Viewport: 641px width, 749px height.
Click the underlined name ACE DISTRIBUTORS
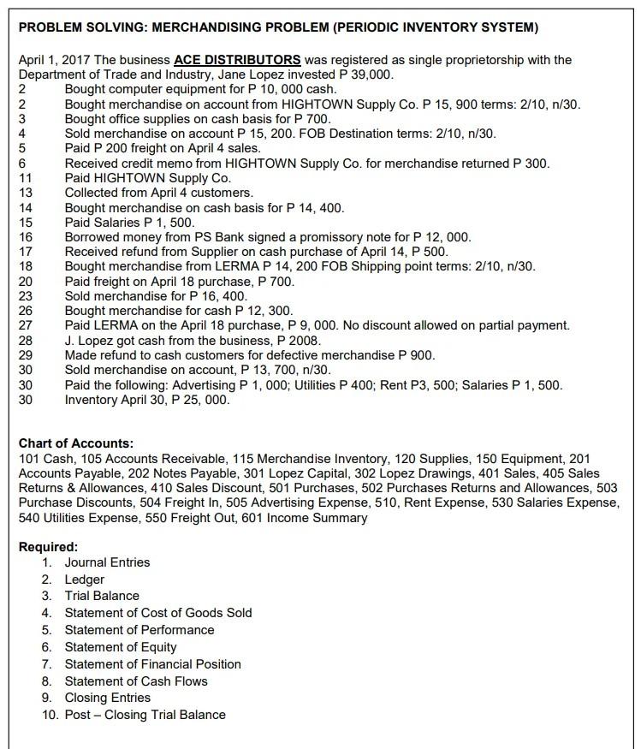coord(237,60)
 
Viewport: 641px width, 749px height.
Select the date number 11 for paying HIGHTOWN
coord(25,178)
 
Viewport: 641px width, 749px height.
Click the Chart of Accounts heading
coord(76,443)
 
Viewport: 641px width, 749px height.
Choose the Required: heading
coord(48,546)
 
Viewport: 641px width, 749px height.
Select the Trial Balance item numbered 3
coord(101,596)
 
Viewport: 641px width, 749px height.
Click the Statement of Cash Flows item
coord(135,681)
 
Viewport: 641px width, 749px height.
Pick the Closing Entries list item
coord(107,698)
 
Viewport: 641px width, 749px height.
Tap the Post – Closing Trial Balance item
coord(145,715)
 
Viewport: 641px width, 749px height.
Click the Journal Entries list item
coord(107,562)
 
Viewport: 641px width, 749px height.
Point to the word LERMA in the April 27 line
coord(119,325)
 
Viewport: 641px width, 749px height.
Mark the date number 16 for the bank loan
coord(25,237)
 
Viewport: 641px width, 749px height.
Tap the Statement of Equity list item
coord(121,647)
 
